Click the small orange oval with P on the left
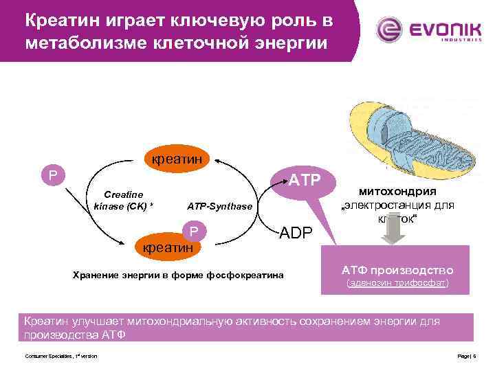click(52, 175)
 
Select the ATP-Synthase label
click(220, 206)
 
